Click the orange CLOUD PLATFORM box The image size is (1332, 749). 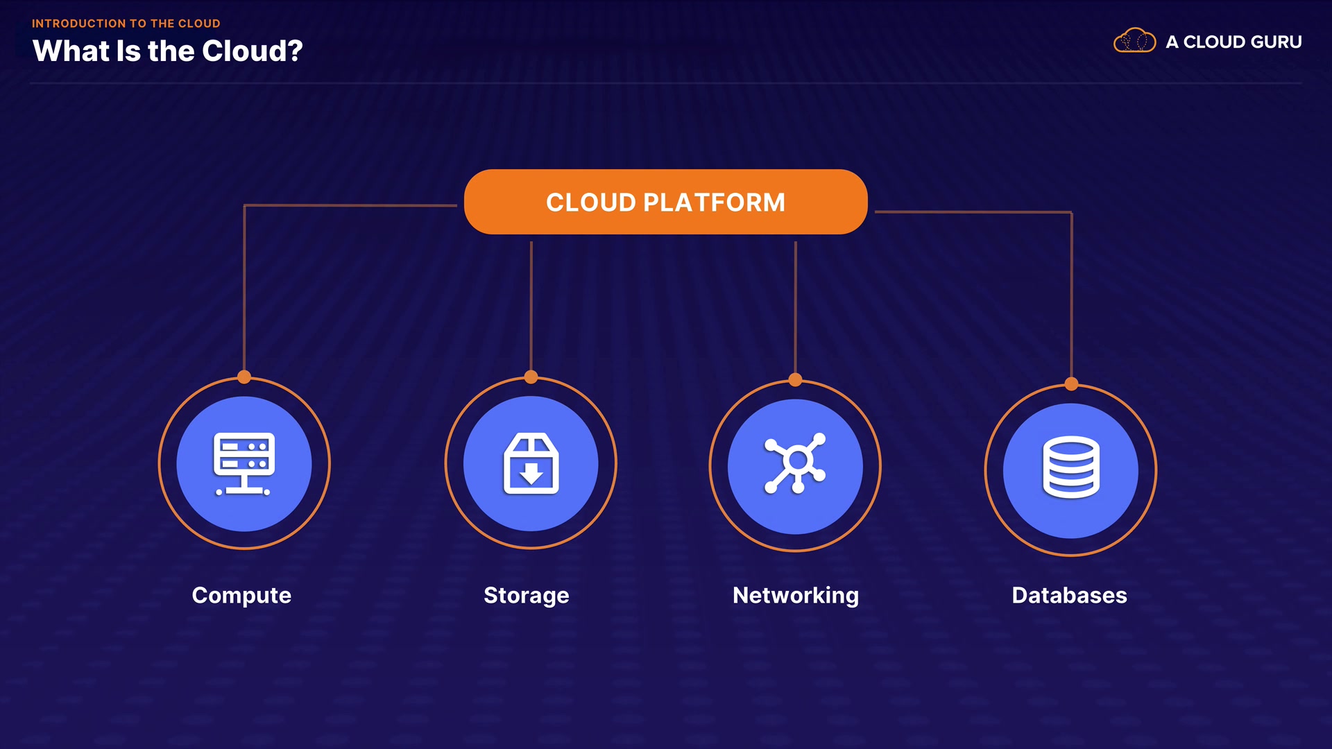[x=666, y=202]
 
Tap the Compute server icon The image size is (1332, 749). [x=244, y=464]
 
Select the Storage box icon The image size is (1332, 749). [x=531, y=463]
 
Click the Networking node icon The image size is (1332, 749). [x=795, y=463]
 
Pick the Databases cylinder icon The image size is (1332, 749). [x=1071, y=467]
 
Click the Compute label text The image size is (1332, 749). [x=241, y=595]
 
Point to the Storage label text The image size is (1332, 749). [x=527, y=596]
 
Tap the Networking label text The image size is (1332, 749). [x=796, y=596]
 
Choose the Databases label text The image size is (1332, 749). [x=1070, y=595]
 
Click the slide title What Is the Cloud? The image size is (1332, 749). [x=168, y=51]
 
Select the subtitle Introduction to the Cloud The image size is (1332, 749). [x=126, y=24]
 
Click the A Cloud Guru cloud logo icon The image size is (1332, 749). [x=1135, y=40]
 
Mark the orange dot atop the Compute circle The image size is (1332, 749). [x=244, y=377]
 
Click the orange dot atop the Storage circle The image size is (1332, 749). [x=531, y=377]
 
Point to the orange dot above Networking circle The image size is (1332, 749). [x=796, y=380]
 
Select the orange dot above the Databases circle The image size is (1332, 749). [x=1072, y=384]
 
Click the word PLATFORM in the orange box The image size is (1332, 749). [x=715, y=203]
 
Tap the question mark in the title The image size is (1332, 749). [x=296, y=51]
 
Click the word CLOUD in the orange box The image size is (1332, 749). [x=591, y=203]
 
